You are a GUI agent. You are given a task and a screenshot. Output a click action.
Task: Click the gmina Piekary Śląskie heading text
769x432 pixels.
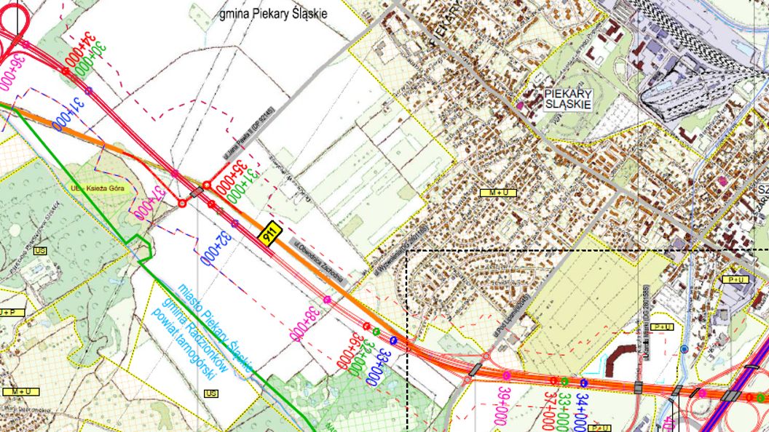point(274,14)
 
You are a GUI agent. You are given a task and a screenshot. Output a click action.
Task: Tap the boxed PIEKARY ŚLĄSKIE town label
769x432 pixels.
point(569,100)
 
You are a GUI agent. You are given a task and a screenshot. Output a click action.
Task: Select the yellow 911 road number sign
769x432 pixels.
point(269,233)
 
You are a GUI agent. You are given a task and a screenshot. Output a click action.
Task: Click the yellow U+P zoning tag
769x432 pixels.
point(10,312)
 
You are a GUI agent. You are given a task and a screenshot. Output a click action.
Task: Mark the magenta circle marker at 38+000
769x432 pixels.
point(327,299)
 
